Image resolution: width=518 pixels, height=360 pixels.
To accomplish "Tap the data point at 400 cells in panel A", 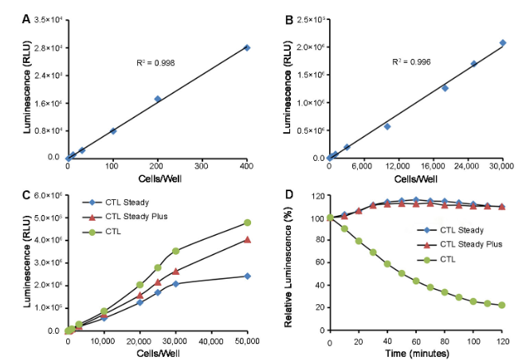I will (247, 48).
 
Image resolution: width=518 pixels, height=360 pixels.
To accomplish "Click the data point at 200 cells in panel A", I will (158, 99).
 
